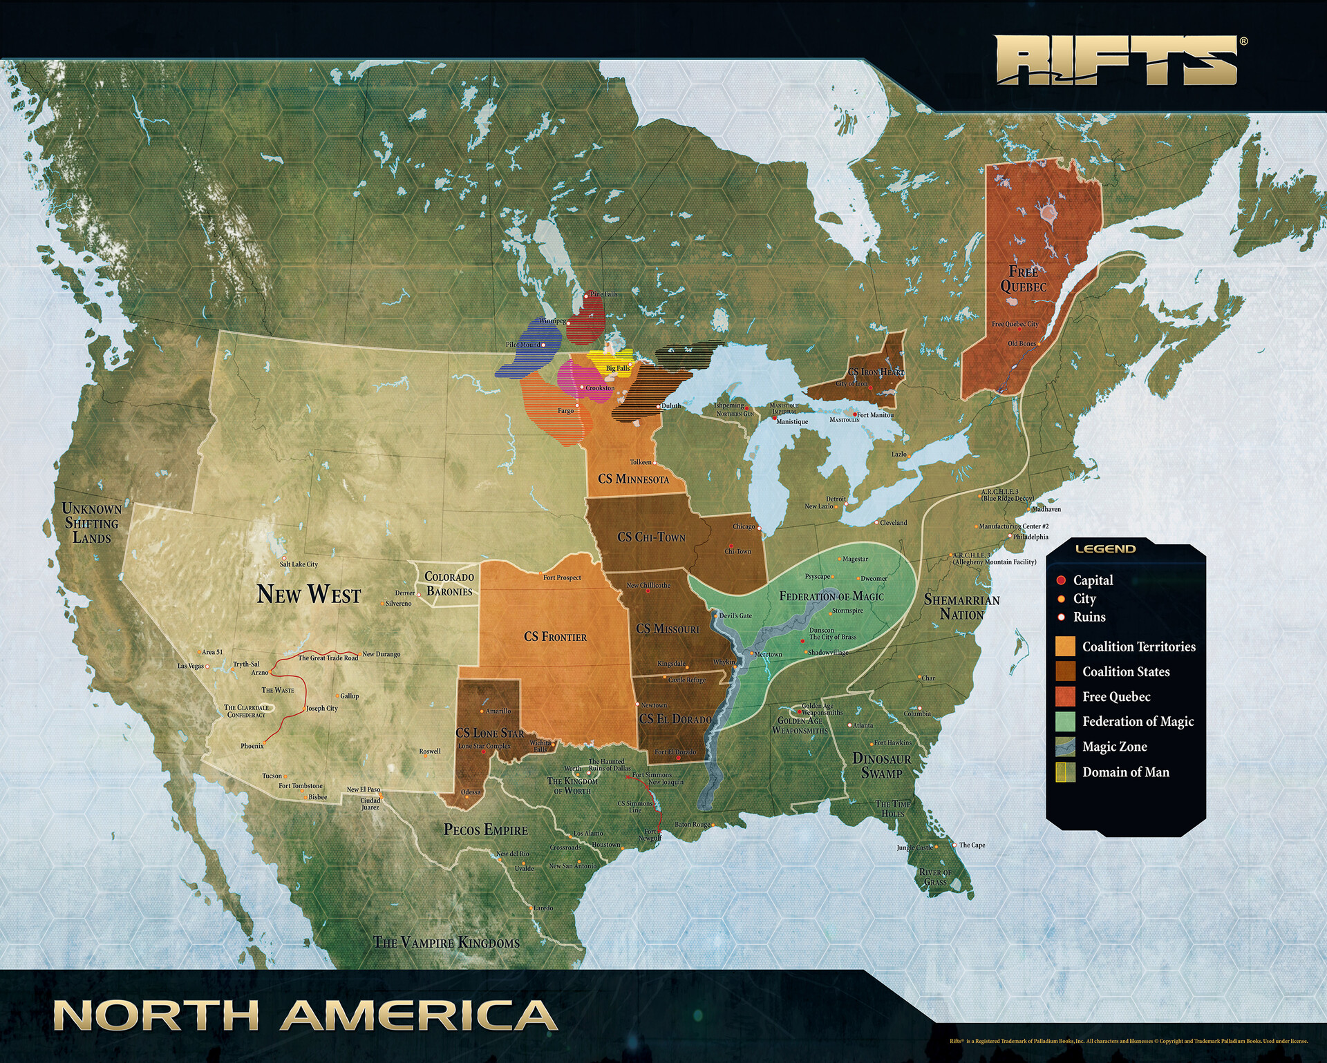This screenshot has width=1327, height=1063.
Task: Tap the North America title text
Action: tap(305, 1016)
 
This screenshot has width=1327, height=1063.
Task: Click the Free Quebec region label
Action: tap(1024, 279)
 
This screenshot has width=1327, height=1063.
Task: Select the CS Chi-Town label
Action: tap(651, 537)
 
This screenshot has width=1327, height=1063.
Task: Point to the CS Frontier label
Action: tap(555, 637)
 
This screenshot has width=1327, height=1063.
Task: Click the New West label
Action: tap(309, 594)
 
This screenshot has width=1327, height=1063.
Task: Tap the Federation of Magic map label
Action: tap(831, 596)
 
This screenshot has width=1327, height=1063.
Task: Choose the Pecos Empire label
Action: tap(485, 830)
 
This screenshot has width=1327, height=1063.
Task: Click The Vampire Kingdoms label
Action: tap(446, 942)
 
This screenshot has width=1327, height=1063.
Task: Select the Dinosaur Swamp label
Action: tap(881, 765)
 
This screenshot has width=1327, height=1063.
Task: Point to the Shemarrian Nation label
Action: tap(961, 607)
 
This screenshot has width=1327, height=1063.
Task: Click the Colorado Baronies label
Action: tap(449, 584)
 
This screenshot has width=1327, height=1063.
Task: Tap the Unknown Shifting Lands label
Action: tap(92, 523)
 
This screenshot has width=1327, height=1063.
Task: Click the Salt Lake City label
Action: tap(299, 564)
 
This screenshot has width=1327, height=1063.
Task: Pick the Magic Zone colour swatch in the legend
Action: tap(1065, 747)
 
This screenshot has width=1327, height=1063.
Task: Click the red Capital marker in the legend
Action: tap(1061, 580)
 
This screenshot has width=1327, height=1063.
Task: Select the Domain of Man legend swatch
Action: tap(1065, 772)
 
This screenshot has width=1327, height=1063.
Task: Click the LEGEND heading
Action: tap(1105, 549)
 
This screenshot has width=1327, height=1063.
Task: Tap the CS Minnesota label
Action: tap(633, 479)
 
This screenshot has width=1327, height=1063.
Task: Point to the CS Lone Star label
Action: tap(489, 733)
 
